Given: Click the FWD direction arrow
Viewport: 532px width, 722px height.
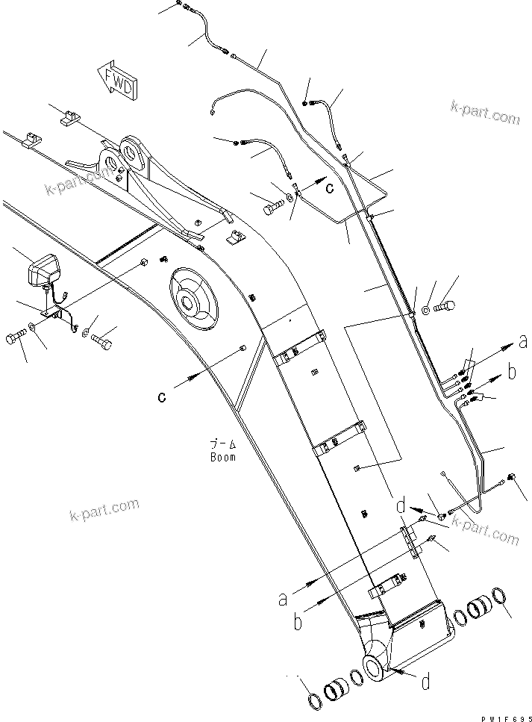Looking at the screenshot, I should coord(116,78).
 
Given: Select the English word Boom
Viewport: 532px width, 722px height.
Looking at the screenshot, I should coord(223,457).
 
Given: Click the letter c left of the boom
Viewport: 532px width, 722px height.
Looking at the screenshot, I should coord(161,397).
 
